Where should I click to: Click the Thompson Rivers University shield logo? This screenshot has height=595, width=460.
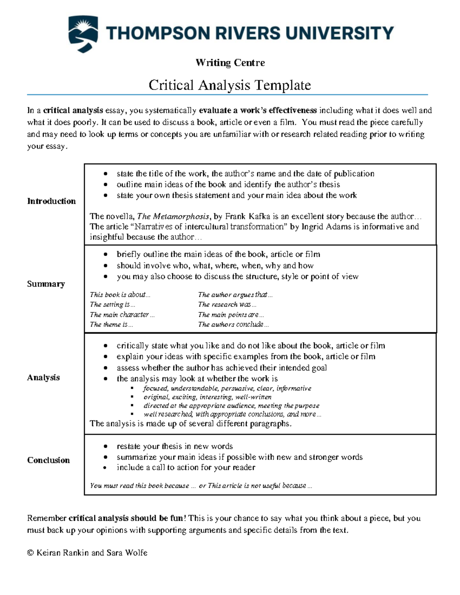pyautogui.click(x=83, y=34)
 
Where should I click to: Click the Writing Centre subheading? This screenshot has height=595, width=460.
pyautogui.click(x=230, y=62)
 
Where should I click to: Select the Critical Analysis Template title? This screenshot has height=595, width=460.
pyautogui.click(x=230, y=85)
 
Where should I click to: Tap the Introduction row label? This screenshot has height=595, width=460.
pyautogui.click(x=51, y=201)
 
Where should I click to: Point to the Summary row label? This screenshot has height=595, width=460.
pyautogui.click(x=46, y=284)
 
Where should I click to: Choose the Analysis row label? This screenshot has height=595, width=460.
pyautogui.click(x=43, y=377)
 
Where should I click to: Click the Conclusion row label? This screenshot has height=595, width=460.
pyautogui.click(x=48, y=460)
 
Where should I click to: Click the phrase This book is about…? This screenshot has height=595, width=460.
pyautogui.click(x=120, y=295)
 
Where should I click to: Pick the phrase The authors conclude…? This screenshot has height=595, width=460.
pyautogui.click(x=233, y=325)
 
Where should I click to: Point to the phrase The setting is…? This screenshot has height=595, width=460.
pyautogui.click(x=112, y=305)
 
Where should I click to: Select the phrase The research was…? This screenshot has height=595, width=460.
pyautogui.click(x=227, y=305)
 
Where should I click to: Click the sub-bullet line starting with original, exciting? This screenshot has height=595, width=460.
pyautogui.click(x=207, y=397)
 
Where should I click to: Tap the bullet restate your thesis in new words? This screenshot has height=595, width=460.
pyautogui.click(x=175, y=446)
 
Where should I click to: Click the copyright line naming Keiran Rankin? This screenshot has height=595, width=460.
pyautogui.click(x=87, y=552)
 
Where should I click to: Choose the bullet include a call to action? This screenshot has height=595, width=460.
pyautogui.click(x=186, y=467)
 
